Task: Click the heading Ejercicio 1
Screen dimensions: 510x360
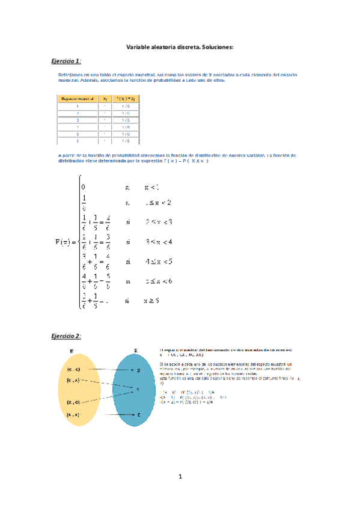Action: coord(66,61)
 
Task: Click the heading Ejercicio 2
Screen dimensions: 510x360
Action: coord(66,335)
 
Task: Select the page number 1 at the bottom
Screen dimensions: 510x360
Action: coord(180,477)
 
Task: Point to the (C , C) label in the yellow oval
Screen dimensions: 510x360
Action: coord(74,369)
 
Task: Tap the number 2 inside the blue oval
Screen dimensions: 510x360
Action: coord(139,371)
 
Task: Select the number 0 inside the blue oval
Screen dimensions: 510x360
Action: coord(139,415)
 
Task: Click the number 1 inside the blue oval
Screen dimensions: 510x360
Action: coord(139,390)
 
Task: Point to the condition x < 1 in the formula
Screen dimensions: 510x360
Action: coord(151,187)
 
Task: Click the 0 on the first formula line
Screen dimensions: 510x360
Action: coord(84,187)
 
